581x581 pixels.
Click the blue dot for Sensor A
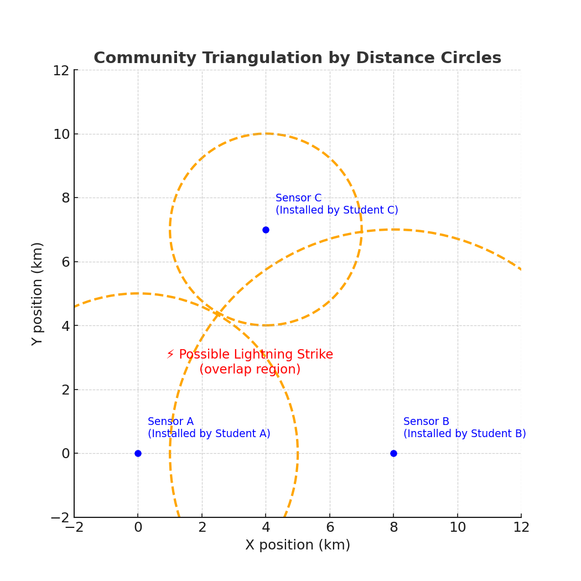point(138,453)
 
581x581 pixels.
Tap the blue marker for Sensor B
point(393,453)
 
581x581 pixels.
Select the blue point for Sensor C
point(266,230)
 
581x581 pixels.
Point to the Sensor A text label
point(170,422)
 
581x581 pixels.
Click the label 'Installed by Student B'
point(464,434)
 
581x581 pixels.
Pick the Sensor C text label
point(298,198)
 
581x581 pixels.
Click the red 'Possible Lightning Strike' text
point(256,355)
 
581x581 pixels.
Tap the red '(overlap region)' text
point(250,370)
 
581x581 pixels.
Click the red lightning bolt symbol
point(170,355)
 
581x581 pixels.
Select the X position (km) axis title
point(298,546)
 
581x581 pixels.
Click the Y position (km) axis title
point(38,293)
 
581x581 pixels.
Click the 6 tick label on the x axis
point(330,528)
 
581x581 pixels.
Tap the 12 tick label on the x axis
point(521,528)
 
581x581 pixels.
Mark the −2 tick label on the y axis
point(60,517)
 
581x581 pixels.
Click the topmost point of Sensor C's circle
point(266,133)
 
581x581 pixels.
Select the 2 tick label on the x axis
point(202,528)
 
